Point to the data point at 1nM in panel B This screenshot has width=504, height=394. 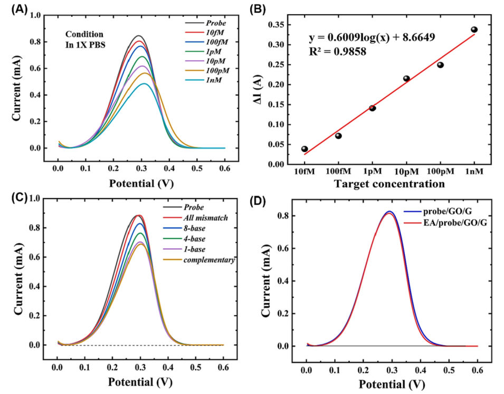[474, 30]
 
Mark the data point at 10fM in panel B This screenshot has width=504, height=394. [305, 149]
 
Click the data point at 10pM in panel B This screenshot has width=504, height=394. [406, 79]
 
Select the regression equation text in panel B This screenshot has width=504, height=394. [379, 39]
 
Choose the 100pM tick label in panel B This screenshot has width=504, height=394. [440, 172]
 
